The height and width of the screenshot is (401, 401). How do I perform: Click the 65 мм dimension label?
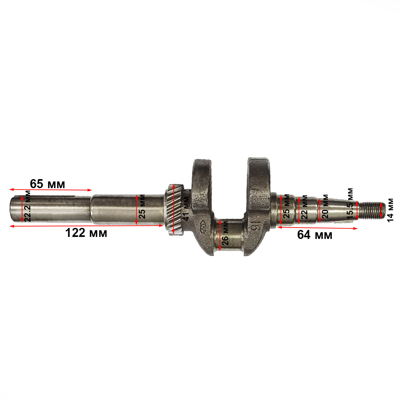click(47, 184)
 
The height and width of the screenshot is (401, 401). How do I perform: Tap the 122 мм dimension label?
click(86, 233)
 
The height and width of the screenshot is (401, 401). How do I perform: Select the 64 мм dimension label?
click(315, 235)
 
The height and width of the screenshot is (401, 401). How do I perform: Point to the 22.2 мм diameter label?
click(27, 206)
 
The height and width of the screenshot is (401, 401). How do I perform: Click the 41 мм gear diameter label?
click(185, 208)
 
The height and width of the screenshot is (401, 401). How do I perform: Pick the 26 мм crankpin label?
click(225, 233)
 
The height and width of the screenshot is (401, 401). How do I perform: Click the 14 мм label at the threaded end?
click(390, 211)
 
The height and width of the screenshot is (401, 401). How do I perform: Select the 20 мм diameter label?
click(325, 207)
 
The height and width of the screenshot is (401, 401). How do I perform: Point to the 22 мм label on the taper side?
click(304, 207)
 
